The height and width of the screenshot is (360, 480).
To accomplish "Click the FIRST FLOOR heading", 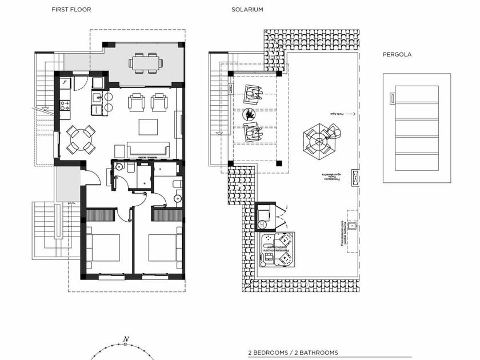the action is (x=71, y=10).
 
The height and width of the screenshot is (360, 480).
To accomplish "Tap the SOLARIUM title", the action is (x=247, y=10).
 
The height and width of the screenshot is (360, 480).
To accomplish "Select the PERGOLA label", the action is (x=397, y=55).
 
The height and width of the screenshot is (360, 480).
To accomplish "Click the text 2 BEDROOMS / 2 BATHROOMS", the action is (x=293, y=353).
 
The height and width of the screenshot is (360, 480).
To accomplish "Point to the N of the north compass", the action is (x=126, y=339).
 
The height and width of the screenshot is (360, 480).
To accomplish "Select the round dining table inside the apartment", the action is (x=80, y=139).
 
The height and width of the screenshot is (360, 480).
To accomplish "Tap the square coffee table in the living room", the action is (x=148, y=126).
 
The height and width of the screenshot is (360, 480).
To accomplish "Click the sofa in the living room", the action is (x=148, y=150).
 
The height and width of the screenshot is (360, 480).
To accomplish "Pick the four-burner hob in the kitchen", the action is (x=66, y=105).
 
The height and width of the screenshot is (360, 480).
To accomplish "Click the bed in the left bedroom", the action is (x=103, y=247).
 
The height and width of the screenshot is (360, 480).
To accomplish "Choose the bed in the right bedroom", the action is (x=165, y=247).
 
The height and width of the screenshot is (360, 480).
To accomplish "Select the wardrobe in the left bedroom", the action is (x=101, y=215).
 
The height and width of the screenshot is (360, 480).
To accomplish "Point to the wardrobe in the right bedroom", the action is (x=167, y=215).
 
